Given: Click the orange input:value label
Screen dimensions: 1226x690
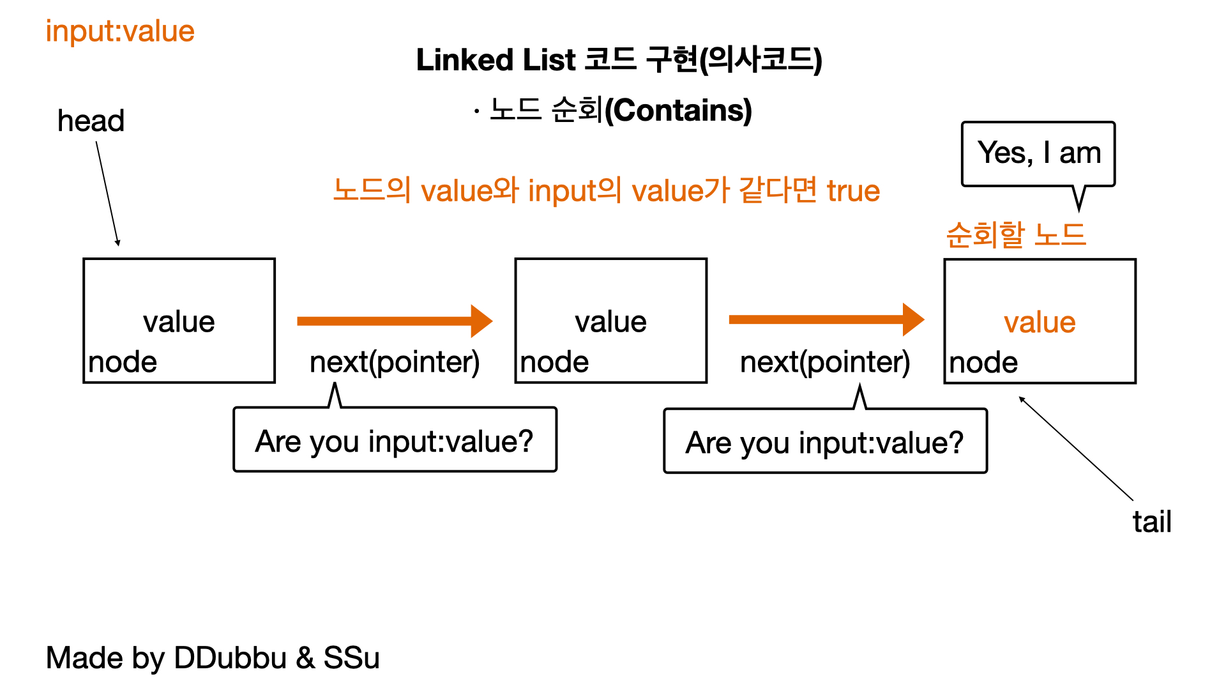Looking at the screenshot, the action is click(120, 32).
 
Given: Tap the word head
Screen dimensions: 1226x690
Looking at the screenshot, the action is click(91, 121).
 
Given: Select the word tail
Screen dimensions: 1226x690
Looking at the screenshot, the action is click(1152, 521).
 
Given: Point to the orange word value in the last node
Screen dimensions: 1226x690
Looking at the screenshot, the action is click(1040, 322).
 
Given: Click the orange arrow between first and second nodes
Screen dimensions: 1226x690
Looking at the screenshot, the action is click(395, 321).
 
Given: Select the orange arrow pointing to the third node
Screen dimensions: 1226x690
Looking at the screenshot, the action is click(826, 319).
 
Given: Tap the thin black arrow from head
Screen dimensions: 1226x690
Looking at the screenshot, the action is click(107, 194).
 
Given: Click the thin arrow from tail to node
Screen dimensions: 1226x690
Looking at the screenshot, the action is click(1076, 448).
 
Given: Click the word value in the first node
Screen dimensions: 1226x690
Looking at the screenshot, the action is click(179, 321).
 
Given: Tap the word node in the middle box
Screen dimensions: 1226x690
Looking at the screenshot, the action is click(554, 362).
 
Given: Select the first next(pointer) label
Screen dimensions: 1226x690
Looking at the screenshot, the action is click(395, 362).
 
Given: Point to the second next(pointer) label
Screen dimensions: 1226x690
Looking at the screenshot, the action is click(825, 362).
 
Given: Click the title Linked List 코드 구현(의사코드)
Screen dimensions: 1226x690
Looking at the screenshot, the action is click(619, 60).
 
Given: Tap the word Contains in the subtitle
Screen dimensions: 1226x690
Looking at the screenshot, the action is click(678, 110).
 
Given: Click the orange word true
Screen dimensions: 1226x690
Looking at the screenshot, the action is click(853, 191).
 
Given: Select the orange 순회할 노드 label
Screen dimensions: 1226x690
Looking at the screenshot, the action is click(1015, 234).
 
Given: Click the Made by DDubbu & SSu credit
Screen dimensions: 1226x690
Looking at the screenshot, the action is click(213, 658).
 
